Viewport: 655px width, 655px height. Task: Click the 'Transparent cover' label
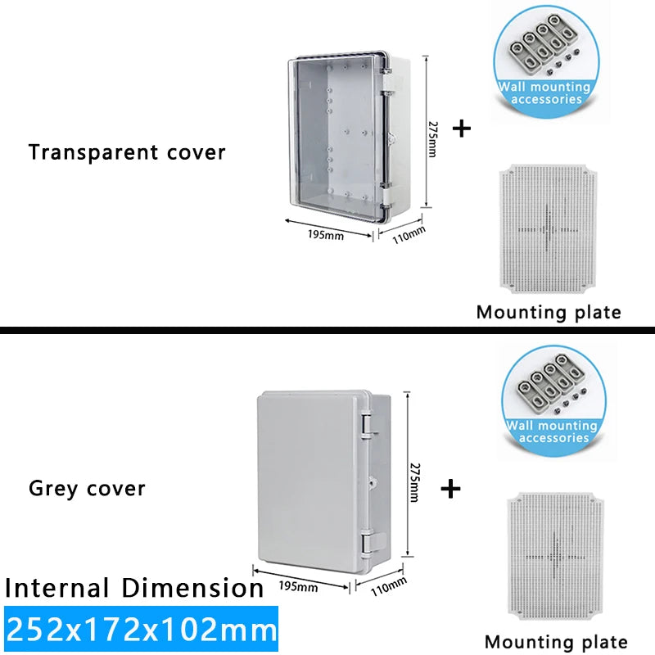127,152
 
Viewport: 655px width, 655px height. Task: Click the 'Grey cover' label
87,489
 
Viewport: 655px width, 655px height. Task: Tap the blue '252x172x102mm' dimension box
141,630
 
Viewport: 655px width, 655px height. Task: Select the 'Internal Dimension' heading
134,588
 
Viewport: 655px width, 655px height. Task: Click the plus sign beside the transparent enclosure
463,129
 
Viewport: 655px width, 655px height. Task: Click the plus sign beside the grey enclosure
450,489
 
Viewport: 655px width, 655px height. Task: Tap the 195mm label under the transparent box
326,235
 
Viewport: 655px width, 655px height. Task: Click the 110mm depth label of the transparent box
410,235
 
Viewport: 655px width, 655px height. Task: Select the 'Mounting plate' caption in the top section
549,312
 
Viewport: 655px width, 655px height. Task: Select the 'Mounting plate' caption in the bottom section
556,642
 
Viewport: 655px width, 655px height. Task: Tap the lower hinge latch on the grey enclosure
368,541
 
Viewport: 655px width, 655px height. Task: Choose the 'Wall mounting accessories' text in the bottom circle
553,431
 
